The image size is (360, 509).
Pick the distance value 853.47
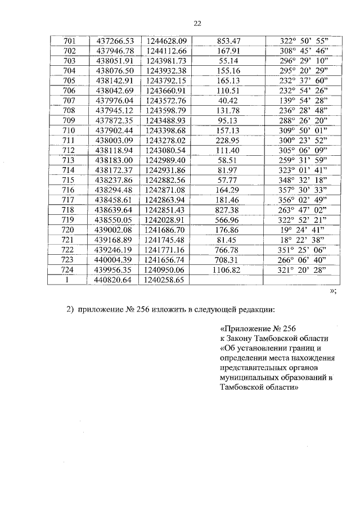click(228, 41)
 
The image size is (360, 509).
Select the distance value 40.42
click(228, 101)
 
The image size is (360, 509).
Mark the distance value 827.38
click(228, 210)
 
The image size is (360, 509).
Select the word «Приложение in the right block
click(247, 329)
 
